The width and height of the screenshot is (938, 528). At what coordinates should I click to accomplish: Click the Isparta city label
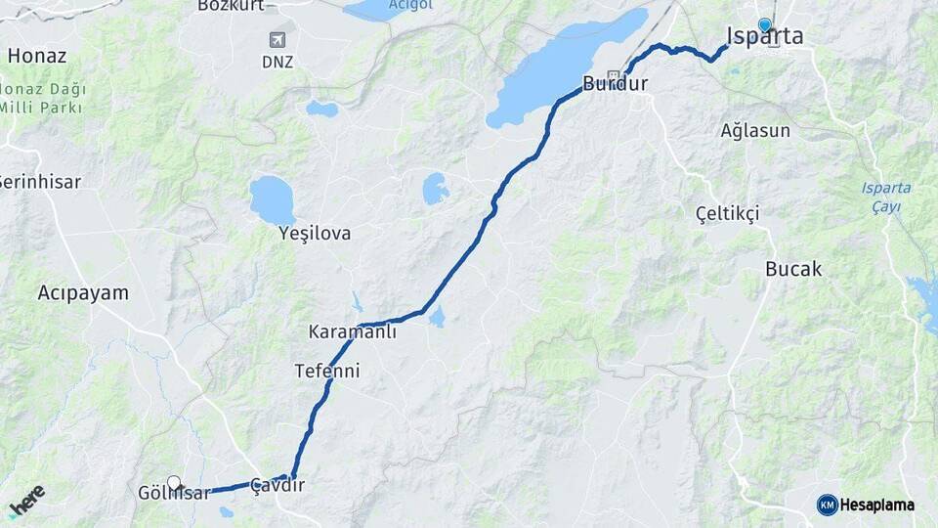click(765, 37)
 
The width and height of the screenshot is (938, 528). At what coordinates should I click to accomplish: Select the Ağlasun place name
click(755, 130)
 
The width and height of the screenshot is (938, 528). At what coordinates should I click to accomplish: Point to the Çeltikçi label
click(727, 213)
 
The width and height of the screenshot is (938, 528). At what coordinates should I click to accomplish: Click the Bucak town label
click(793, 269)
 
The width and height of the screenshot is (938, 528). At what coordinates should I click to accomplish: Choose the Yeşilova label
click(315, 234)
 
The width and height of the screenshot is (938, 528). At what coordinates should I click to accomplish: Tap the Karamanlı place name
click(353, 331)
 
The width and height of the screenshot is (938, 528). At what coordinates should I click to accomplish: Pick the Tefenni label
click(327, 372)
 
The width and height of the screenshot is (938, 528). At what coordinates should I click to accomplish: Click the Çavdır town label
click(277, 485)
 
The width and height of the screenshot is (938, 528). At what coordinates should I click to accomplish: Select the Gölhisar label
click(174, 494)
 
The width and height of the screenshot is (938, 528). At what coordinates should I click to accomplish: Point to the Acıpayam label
click(83, 292)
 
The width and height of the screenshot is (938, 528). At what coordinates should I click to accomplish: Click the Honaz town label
click(37, 56)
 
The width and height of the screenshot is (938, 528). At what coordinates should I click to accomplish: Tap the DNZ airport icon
click(278, 40)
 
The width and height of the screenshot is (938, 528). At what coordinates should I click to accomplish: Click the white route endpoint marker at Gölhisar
click(174, 482)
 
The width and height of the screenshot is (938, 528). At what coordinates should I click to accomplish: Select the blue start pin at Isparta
click(764, 24)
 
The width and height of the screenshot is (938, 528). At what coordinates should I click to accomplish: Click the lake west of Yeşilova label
click(273, 199)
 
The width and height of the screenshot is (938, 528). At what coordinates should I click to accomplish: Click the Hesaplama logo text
click(876, 506)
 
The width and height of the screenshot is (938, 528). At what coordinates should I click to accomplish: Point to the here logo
click(27, 499)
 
